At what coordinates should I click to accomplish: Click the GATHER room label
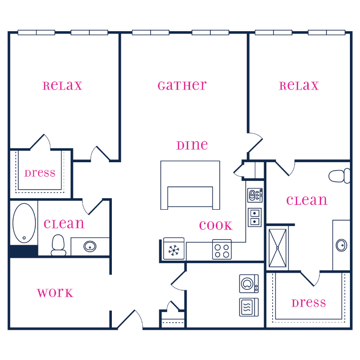tap(182, 86)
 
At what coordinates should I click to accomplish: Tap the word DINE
tap(192, 145)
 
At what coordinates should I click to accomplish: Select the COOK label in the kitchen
tap(216, 226)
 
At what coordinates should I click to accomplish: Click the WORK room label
tap(55, 293)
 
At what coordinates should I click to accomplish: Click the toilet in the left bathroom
tap(59, 244)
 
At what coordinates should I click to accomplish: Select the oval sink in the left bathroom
tap(90, 247)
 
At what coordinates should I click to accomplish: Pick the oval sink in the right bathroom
tap(341, 245)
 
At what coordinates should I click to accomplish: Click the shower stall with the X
tap(277, 247)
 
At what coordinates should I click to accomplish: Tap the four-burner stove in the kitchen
tap(222, 249)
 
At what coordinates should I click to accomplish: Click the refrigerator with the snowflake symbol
tap(173, 249)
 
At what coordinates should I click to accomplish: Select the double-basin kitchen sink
tap(255, 217)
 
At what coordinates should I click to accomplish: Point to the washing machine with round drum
tap(249, 284)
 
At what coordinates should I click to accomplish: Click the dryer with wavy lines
tap(249, 306)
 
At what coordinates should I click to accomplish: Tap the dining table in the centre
tap(190, 185)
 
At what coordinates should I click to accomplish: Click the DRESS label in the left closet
tap(40, 173)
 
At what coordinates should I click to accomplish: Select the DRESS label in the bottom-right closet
tap(309, 303)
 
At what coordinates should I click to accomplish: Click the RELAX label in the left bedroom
tap(62, 86)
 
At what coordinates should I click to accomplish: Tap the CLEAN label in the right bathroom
tap(307, 200)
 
